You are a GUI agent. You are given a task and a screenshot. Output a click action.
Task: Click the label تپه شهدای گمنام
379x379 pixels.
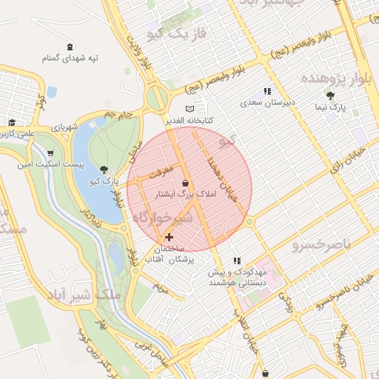70,58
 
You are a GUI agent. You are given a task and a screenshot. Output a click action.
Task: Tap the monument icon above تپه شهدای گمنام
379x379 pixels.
70,46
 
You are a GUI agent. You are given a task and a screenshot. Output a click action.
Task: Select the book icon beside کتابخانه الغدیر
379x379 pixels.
189,109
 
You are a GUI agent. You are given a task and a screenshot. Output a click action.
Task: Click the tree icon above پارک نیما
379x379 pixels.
330,95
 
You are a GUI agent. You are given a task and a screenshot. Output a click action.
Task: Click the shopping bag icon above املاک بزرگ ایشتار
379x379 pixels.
184,183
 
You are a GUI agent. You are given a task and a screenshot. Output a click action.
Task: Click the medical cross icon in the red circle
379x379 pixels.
170,238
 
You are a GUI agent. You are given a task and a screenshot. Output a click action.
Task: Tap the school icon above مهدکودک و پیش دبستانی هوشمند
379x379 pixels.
236,261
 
